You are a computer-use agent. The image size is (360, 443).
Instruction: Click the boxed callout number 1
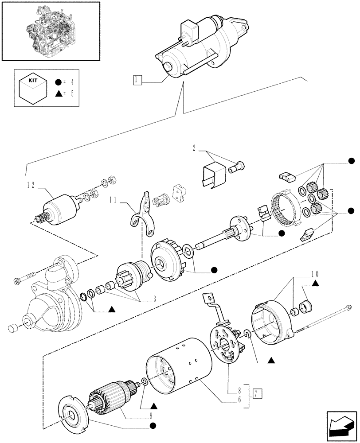[x=137, y=80]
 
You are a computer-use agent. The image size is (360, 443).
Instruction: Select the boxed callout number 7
[x=255, y=392]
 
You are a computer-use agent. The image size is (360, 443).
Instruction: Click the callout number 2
[x=194, y=147]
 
